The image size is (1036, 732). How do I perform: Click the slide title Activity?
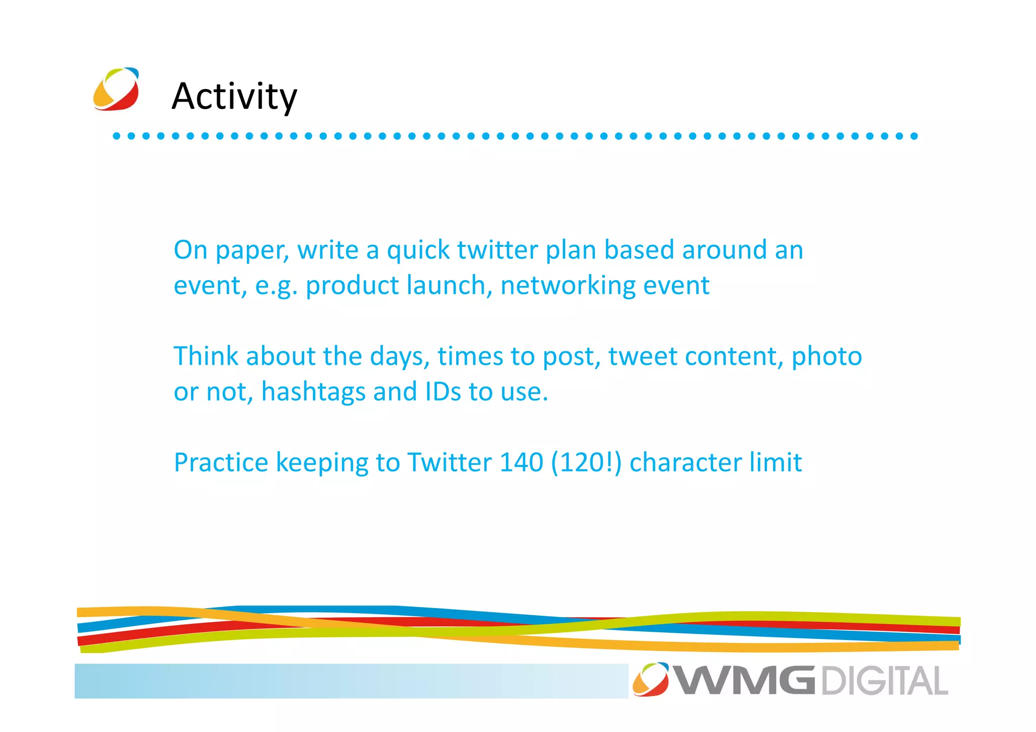point(234,96)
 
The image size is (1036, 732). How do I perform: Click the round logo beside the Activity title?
point(116,89)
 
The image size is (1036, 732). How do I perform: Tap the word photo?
point(827,357)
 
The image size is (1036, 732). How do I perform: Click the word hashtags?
point(313,392)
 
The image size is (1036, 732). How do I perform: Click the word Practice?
point(221,462)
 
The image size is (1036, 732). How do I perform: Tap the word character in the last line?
point(685,462)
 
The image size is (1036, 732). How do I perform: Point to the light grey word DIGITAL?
point(884,681)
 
